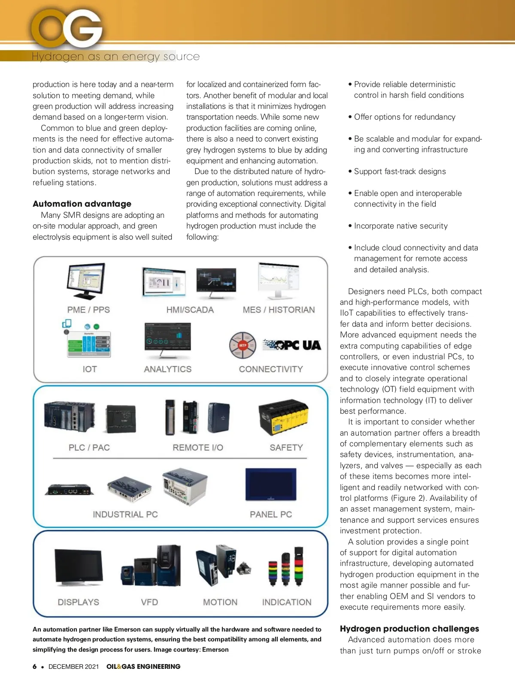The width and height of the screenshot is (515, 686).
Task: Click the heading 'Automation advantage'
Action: click(82, 204)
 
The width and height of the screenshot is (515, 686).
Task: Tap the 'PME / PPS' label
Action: click(88, 310)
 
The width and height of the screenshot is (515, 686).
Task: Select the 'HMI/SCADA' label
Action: click(190, 310)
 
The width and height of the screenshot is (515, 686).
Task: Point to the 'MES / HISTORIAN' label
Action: click(279, 310)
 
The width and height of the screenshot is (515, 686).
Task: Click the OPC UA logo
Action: click(292, 345)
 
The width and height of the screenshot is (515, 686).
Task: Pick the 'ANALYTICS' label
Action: click(168, 369)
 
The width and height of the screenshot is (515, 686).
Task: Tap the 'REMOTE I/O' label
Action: click(198, 448)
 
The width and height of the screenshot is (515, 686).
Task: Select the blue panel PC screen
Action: click(271, 484)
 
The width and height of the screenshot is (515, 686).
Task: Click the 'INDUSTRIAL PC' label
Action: click(125, 514)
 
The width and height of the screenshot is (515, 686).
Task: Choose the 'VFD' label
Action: click(149, 602)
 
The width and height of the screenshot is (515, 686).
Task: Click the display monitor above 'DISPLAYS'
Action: click(79, 567)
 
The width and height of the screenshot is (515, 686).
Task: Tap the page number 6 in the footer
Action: click(35, 667)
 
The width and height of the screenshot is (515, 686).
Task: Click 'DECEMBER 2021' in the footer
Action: click(73, 667)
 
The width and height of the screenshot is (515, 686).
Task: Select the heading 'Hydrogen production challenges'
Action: click(409, 629)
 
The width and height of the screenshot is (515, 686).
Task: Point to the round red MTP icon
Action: click(243, 345)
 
